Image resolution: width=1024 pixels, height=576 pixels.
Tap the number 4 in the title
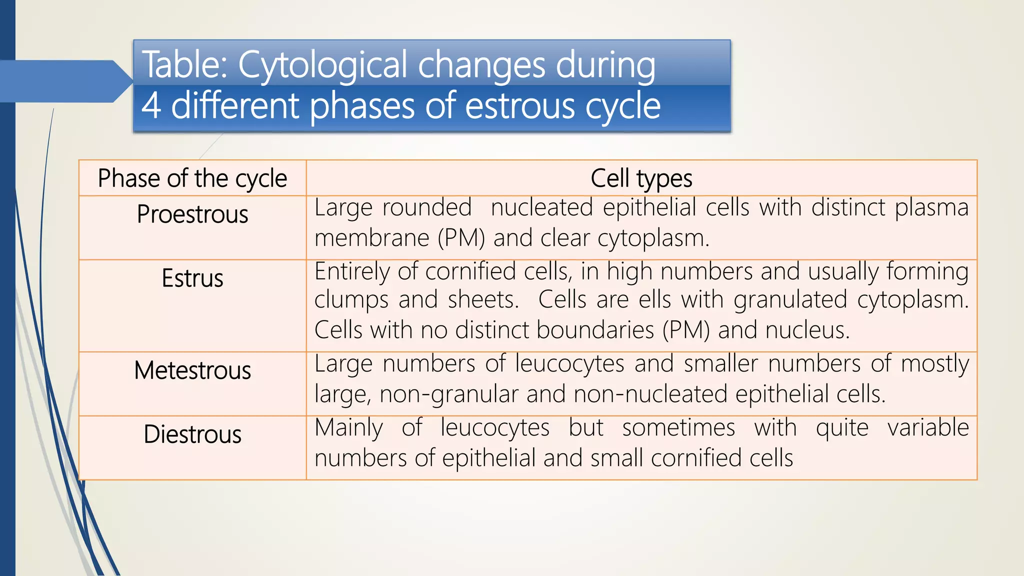pyautogui.click(x=151, y=106)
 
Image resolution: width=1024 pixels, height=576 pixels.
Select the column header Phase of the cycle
pyautogui.click(x=192, y=178)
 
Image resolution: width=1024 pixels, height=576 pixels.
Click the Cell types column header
pyautogui.click(x=641, y=178)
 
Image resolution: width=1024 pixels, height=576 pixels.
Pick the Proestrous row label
pyautogui.click(x=192, y=214)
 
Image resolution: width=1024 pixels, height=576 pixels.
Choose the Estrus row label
pyautogui.click(x=192, y=278)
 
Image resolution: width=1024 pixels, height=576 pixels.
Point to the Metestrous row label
pyautogui.click(x=192, y=371)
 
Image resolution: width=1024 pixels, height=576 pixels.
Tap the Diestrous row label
pyautogui.click(x=192, y=434)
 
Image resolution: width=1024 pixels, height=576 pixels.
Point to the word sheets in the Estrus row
pyautogui.click(x=483, y=300)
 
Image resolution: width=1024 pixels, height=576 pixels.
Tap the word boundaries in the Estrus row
pyautogui.click(x=554, y=330)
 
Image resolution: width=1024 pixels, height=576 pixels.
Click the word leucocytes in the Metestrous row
pyautogui.click(x=569, y=364)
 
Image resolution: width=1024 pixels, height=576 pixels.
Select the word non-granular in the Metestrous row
pyautogui.click(x=448, y=394)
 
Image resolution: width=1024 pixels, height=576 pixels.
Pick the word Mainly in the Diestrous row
pyautogui.click(x=348, y=428)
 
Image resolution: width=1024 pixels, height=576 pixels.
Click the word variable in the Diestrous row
pyautogui.click(x=928, y=428)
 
